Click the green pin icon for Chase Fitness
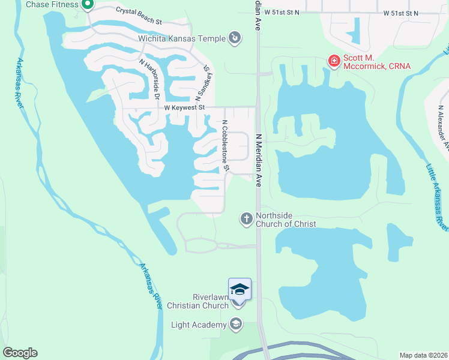[x=87, y=5]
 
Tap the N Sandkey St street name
[x=205, y=83]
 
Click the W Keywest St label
[x=185, y=107]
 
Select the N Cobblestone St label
[x=226, y=145]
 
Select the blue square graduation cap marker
[x=239, y=289]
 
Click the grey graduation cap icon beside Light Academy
[x=236, y=325]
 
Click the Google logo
[x=20, y=353]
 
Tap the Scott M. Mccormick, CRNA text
[x=376, y=61]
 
